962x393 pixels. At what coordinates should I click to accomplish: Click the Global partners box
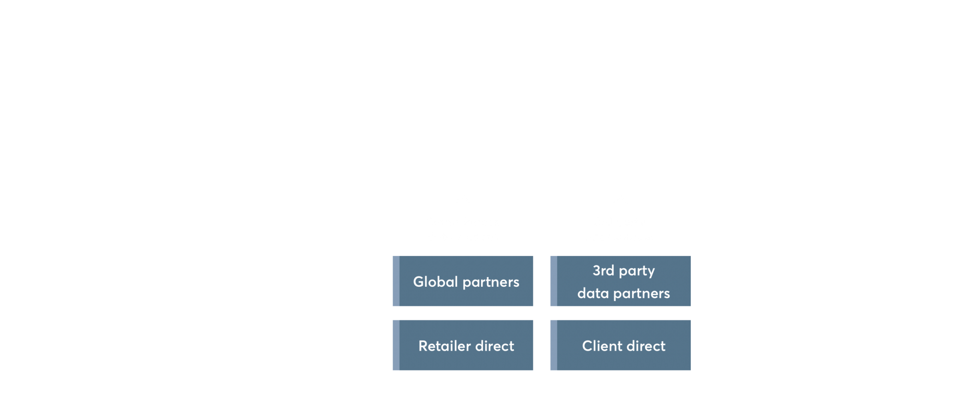tap(463, 281)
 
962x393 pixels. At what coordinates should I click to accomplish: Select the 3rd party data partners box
tap(620, 281)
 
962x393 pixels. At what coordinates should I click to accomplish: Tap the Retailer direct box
tap(463, 345)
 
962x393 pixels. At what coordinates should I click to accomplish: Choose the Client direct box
tap(620, 345)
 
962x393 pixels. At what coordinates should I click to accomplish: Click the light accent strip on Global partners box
tap(396, 281)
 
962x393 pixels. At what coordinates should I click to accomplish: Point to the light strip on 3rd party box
tap(554, 281)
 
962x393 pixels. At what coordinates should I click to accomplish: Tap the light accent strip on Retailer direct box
tap(396, 345)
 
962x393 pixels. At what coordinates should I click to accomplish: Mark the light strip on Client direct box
tap(554, 345)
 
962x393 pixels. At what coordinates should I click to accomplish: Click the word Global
tap(435, 281)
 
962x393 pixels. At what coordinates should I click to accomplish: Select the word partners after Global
tap(491, 282)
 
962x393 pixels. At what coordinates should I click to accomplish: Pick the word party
tap(637, 271)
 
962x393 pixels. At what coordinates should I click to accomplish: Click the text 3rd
tap(604, 270)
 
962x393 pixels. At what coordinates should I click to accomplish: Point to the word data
tap(593, 293)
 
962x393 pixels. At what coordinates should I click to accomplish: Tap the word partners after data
tap(642, 294)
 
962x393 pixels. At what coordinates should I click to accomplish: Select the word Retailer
tap(444, 345)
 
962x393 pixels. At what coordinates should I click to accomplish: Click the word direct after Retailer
tap(495, 345)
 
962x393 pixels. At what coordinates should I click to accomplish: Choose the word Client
tap(602, 345)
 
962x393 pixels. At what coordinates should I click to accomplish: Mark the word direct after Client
tap(646, 345)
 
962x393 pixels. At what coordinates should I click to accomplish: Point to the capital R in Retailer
tap(423, 346)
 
